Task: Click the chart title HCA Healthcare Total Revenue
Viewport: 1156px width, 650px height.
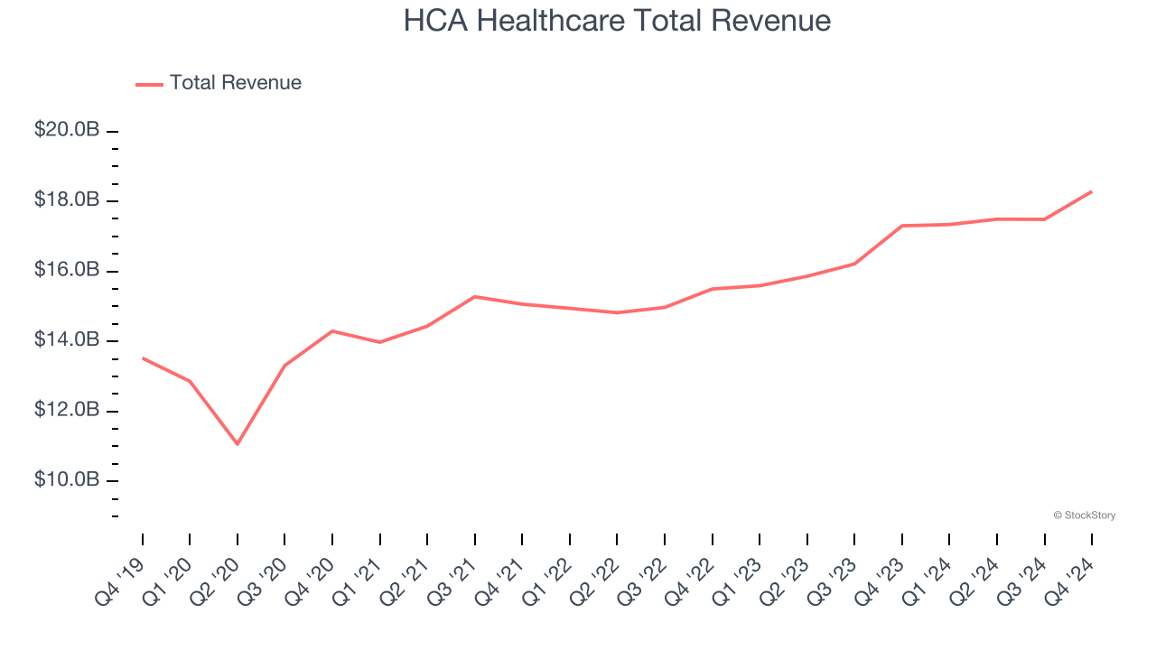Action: point(617,21)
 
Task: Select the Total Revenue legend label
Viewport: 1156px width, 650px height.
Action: point(235,83)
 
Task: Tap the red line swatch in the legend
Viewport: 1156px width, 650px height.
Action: point(149,84)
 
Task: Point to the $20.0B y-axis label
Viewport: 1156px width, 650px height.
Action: point(67,130)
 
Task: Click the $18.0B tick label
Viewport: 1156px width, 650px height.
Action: point(67,200)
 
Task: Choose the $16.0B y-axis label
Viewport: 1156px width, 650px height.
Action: point(67,270)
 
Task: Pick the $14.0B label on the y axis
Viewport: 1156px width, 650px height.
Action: point(67,339)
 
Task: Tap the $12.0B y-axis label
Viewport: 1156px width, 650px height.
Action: point(67,410)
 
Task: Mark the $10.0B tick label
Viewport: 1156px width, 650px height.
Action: point(67,479)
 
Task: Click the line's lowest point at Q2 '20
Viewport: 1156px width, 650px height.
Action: point(238,444)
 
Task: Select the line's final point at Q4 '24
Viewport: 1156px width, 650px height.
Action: point(1092,191)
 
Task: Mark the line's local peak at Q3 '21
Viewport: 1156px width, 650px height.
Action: point(475,296)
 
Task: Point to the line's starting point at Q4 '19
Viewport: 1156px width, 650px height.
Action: point(143,358)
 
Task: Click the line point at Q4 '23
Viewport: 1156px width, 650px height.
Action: point(902,226)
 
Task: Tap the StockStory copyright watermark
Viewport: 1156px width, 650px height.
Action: point(1084,515)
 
